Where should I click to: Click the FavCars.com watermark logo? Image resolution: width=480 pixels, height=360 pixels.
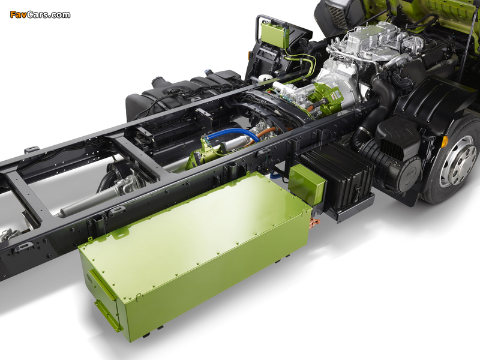tap(40, 14)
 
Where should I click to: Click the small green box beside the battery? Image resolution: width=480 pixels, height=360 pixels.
tap(307, 185)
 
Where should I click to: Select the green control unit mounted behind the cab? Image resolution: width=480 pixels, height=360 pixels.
tap(275, 34)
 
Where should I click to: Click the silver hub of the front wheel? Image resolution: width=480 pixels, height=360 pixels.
tap(458, 161)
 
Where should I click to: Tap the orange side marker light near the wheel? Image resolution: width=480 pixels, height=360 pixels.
tap(445, 142)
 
